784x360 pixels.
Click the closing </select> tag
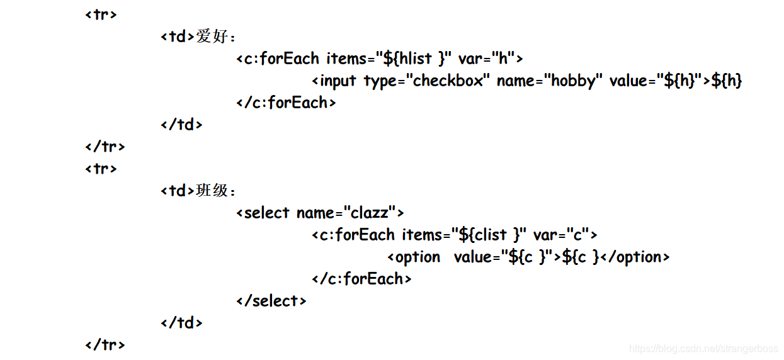coord(271,301)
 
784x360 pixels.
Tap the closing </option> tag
coord(635,257)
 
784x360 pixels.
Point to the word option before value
coord(418,257)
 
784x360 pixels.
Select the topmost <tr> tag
coord(101,14)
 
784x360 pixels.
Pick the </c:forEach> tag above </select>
coord(361,279)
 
